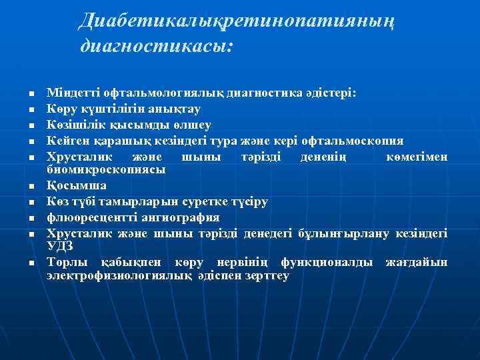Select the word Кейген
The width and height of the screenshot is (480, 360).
[66, 140]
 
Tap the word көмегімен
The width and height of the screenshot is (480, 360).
[417, 156]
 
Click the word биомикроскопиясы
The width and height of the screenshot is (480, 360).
[106, 170]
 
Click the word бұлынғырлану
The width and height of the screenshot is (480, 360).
[339, 233]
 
